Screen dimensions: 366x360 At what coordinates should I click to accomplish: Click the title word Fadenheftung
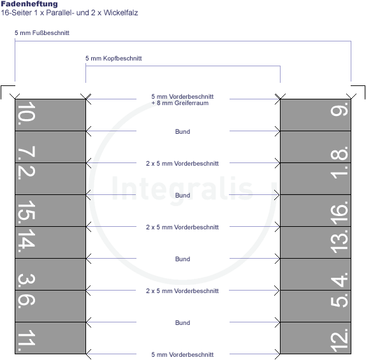(x=29, y=4)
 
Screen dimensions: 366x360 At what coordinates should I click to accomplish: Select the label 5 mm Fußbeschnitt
(x=42, y=33)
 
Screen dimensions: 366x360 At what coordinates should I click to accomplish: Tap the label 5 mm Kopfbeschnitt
(x=113, y=59)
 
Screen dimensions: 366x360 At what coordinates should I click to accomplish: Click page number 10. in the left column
(x=26, y=113)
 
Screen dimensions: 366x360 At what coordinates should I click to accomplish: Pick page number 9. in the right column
(x=339, y=109)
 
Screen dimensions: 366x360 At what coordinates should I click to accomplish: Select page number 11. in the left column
(x=26, y=340)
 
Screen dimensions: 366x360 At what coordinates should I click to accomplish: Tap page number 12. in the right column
(x=339, y=340)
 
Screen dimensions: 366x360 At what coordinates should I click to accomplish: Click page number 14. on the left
(x=26, y=241)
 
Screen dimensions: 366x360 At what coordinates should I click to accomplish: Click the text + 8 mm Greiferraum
(x=180, y=103)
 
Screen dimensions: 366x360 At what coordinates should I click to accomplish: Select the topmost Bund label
(x=182, y=132)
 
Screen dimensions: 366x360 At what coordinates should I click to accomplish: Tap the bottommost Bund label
(x=182, y=322)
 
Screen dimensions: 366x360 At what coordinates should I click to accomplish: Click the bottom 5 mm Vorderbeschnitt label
(x=182, y=355)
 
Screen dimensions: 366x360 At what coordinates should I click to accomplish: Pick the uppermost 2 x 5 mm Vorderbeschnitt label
(x=182, y=164)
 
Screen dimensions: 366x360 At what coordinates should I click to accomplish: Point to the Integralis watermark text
(x=182, y=189)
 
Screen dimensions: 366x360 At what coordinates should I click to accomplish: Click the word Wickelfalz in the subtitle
(x=121, y=13)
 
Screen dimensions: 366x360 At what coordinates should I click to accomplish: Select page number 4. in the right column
(x=339, y=279)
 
